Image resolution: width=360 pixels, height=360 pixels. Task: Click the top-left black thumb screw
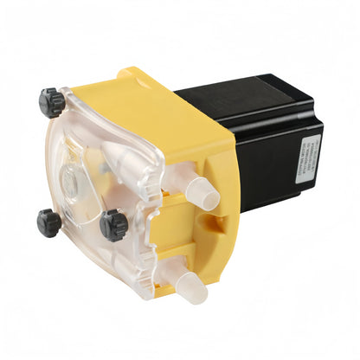[53, 103]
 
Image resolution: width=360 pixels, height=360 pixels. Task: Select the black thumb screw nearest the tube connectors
[112, 224]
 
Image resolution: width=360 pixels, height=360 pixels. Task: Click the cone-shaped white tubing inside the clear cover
[121, 164]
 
